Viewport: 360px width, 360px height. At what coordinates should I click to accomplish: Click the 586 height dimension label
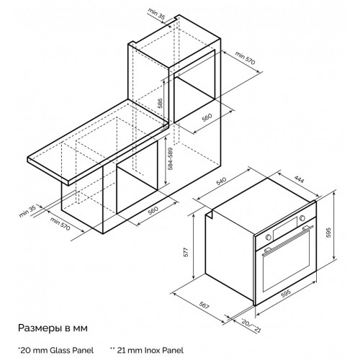(x=161, y=103)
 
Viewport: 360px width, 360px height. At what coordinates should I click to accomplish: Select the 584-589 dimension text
(x=170, y=158)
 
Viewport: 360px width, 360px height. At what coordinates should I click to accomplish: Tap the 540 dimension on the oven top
(x=221, y=181)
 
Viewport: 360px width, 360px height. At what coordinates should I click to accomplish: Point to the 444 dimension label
(x=299, y=179)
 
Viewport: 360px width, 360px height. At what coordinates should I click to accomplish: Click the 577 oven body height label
(x=186, y=252)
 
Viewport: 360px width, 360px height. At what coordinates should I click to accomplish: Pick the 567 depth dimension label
(x=204, y=305)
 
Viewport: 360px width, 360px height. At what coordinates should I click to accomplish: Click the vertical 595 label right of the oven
(x=328, y=233)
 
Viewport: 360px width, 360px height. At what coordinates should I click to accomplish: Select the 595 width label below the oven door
(x=286, y=293)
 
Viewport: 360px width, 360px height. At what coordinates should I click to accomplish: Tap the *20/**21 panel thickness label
(x=251, y=325)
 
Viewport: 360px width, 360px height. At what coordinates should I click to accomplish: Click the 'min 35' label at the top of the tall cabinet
(x=157, y=13)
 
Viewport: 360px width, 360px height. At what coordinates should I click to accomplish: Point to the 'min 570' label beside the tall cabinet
(x=245, y=58)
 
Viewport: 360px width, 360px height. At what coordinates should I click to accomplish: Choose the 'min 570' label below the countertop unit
(x=60, y=224)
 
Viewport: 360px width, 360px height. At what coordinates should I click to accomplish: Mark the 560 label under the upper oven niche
(x=207, y=117)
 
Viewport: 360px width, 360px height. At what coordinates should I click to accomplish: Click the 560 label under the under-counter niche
(x=153, y=210)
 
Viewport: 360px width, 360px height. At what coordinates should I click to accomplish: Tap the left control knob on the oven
(x=269, y=237)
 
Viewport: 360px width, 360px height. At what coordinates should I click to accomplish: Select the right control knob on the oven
(x=302, y=218)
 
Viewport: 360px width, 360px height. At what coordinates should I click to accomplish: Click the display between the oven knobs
(x=285, y=228)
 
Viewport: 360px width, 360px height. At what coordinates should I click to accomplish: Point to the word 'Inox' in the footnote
(x=153, y=350)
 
